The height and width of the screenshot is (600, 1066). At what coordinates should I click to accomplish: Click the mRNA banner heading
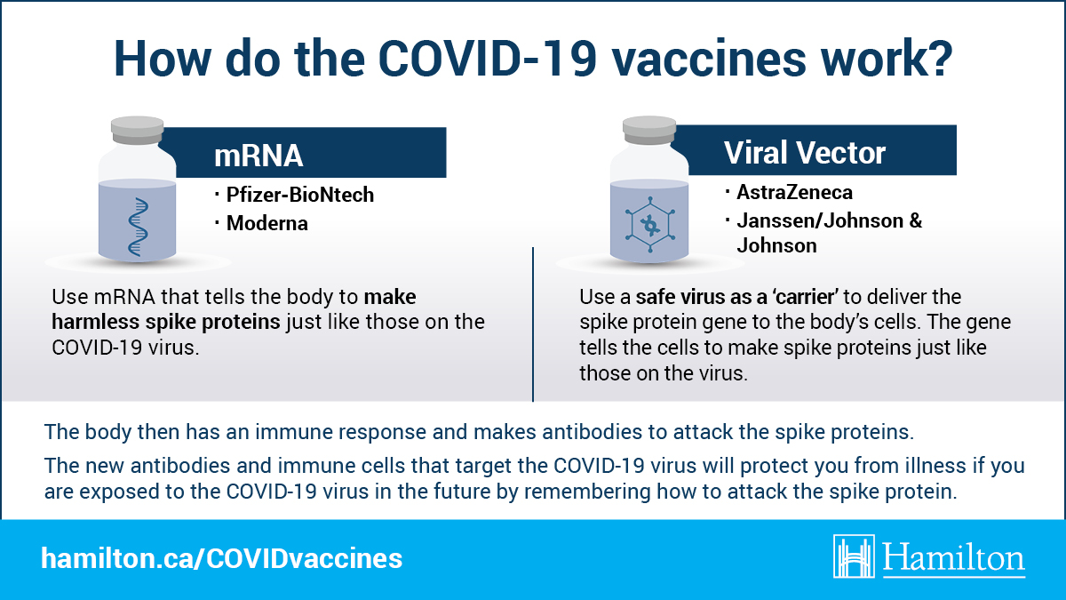(259, 156)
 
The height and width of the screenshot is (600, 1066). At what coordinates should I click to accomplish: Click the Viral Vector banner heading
(805, 153)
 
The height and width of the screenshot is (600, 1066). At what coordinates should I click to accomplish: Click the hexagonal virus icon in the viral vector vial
(649, 224)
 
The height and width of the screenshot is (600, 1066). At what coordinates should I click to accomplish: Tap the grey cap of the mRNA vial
(137, 130)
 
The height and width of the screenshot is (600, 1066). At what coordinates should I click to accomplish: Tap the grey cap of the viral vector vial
(649, 130)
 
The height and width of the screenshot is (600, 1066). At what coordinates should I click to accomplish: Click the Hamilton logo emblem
(854, 556)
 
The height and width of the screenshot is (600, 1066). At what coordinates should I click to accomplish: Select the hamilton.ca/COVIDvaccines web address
(222, 558)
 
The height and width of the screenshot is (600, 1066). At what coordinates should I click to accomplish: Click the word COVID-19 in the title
(488, 59)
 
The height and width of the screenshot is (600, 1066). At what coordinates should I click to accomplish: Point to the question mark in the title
(940, 58)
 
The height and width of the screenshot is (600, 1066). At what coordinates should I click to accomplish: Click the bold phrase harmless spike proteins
(165, 323)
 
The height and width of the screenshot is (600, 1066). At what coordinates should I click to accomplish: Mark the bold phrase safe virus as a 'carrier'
(736, 297)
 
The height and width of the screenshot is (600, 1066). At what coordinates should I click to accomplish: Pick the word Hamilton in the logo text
(954, 558)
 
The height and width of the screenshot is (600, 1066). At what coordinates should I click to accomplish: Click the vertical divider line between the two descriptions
(533, 324)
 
